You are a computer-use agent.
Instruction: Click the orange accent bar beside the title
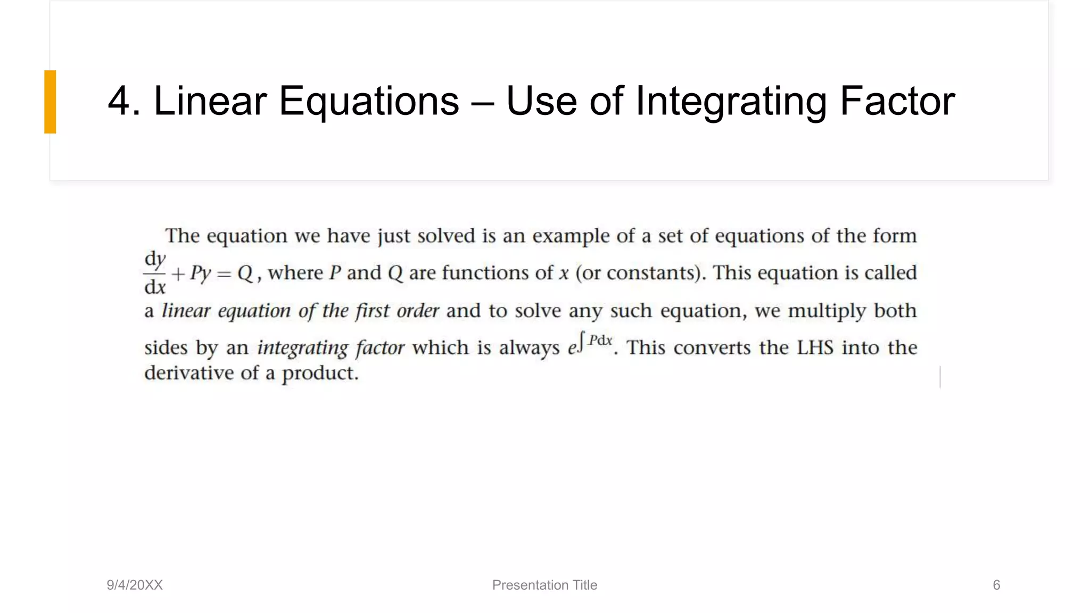[50, 102]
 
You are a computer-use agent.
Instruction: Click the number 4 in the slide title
[119, 101]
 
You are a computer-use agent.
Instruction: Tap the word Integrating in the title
[731, 102]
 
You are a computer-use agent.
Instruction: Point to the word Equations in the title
[369, 102]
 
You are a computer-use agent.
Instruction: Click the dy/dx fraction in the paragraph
[155, 273]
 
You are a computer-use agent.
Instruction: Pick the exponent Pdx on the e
[600, 341]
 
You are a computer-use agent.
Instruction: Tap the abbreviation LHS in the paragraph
[815, 348]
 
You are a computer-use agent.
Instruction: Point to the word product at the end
[319, 374]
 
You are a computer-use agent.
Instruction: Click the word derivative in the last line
[188, 373]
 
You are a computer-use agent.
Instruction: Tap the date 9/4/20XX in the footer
[135, 585]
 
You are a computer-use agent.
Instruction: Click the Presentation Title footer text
[544, 585]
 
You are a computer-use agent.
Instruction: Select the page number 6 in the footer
[996, 585]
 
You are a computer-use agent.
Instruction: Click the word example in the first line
[571, 236]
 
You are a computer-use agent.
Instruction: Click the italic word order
[418, 311]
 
